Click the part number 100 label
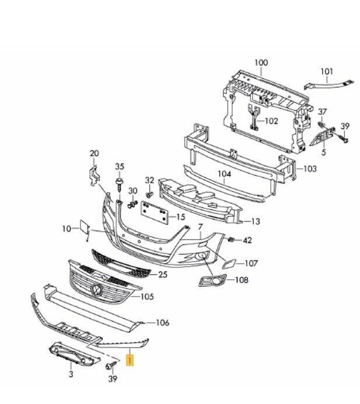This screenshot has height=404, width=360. point(261,62)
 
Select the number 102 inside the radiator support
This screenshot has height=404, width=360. point(271,121)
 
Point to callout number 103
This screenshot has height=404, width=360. point(310,169)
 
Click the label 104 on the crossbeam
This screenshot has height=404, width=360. point(225,174)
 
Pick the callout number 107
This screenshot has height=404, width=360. point(251,263)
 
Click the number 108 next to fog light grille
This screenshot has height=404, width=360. point(241,280)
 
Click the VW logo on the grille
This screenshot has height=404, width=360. point(95,291)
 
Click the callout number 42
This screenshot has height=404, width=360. point(247,240)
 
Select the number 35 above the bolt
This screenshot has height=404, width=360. point(120,166)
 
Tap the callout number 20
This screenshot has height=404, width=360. point(94,154)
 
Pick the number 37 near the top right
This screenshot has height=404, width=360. point(323,112)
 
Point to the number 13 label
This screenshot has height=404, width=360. point(256,221)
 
